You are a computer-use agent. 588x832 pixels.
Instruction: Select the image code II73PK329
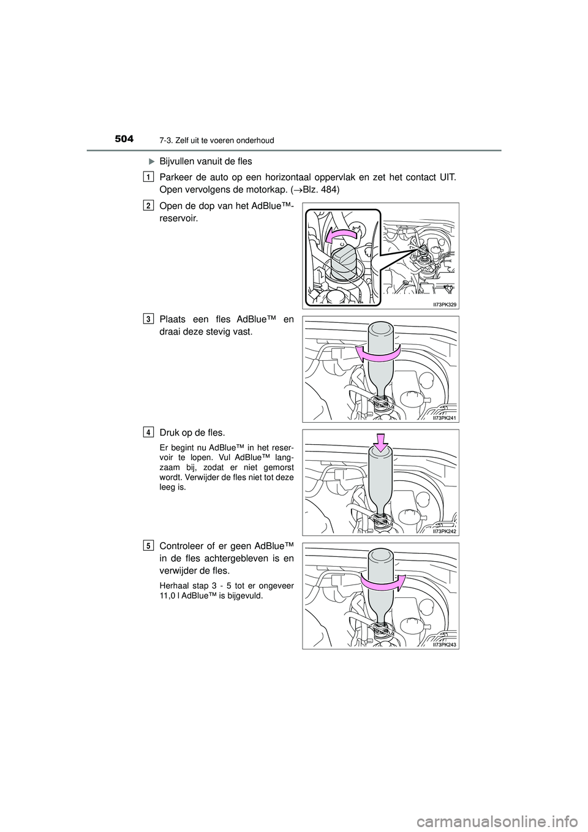(x=442, y=303)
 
